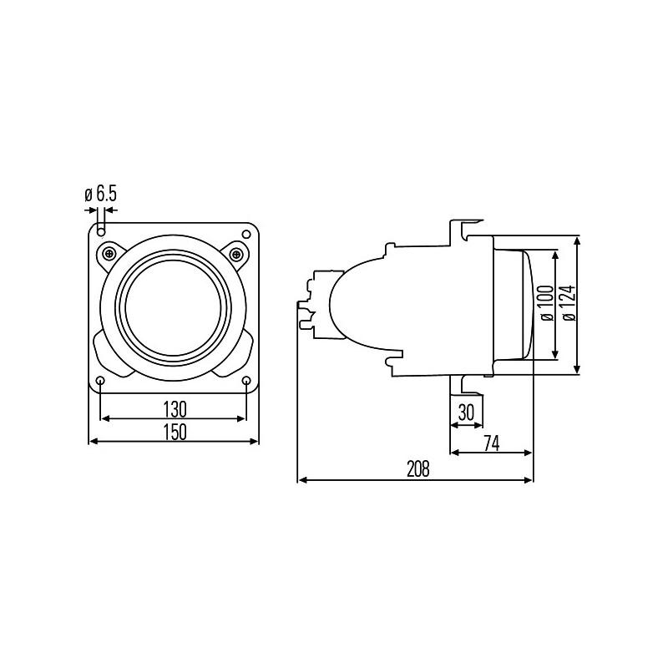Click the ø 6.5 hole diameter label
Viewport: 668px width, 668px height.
(x=101, y=195)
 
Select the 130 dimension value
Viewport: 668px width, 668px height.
(x=173, y=408)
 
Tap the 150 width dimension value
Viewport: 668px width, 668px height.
(x=173, y=431)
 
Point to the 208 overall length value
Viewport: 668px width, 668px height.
(x=417, y=469)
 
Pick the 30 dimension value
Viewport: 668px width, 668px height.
(x=466, y=412)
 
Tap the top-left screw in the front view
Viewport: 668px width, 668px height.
(x=108, y=253)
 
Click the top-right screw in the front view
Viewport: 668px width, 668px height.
(x=238, y=253)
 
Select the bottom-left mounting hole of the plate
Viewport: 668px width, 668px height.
(x=100, y=382)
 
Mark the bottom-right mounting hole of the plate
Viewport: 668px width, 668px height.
(x=246, y=382)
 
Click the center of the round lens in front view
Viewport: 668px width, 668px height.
(x=173, y=306)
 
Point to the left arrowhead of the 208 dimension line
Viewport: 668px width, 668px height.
(x=301, y=480)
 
